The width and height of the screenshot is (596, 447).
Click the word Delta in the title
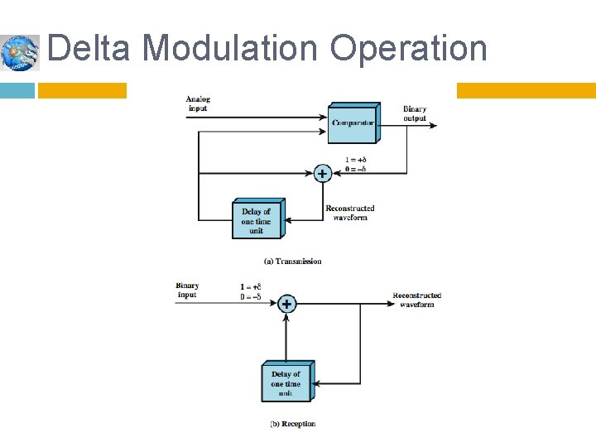pyautogui.click(x=89, y=48)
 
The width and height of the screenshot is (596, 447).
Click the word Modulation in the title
pyautogui.click(x=229, y=48)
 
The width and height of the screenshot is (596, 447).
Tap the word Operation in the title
pyautogui.click(x=408, y=48)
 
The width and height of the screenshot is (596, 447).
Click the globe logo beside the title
pyautogui.click(x=19, y=53)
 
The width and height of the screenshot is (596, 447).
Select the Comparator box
pyautogui.click(x=353, y=123)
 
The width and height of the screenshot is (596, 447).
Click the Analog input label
pyautogui.click(x=197, y=103)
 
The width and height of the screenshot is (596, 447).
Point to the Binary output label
pyautogui.click(x=415, y=114)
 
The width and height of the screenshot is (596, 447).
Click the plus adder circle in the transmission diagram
pyautogui.click(x=322, y=173)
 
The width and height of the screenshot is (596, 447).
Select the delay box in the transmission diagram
pyautogui.click(x=257, y=220)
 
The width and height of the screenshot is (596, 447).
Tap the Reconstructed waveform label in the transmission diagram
pyautogui.click(x=350, y=213)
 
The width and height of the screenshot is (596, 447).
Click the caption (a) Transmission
pyautogui.click(x=292, y=262)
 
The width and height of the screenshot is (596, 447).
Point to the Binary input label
pyautogui.click(x=187, y=291)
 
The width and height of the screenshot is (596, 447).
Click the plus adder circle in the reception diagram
pyautogui.click(x=286, y=304)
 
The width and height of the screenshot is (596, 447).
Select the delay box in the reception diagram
pyautogui.click(x=286, y=383)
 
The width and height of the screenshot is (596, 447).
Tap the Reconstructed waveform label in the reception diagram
pyautogui.click(x=416, y=300)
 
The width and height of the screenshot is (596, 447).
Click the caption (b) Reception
pyautogui.click(x=292, y=424)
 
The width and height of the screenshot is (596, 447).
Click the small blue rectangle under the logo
pyautogui.click(x=17, y=90)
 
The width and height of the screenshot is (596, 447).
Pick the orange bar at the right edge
pyautogui.click(x=526, y=90)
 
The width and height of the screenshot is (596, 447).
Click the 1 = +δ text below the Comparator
pyautogui.click(x=356, y=160)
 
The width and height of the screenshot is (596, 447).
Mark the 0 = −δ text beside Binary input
pyautogui.click(x=251, y=296)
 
